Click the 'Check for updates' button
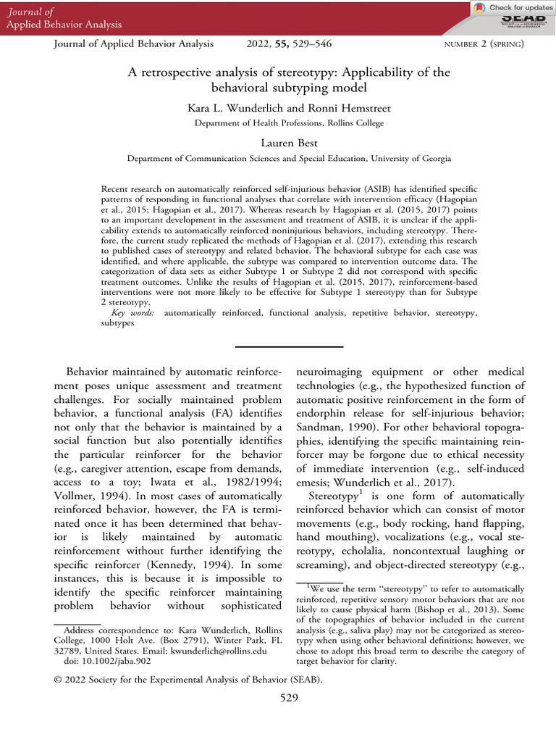[x=511, y=7]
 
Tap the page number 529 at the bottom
[x=290, y=699]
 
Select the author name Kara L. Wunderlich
[x=227, y=109]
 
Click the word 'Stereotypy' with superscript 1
[x=334, y=496]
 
